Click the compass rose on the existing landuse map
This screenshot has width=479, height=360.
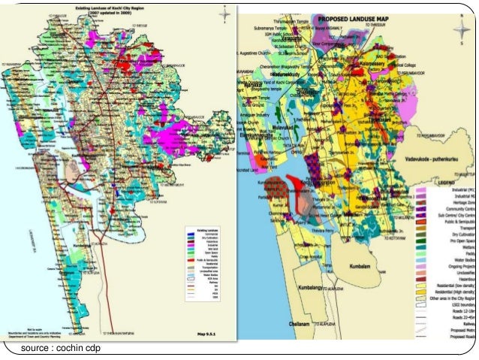coord(223,14)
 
